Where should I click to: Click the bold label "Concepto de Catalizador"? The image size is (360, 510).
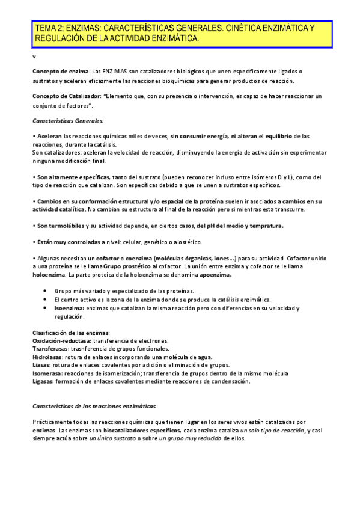pyautogui.click(x=67, y=96)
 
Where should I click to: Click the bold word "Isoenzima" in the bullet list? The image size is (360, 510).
pyautogui.click(x=69, y=308)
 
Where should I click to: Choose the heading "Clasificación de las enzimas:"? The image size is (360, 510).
pyautogui.click(x=71, y=333)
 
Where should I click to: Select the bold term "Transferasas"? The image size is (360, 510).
pyautogui.click(x=50, y=349)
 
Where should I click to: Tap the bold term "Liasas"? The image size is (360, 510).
pyautogui.click(x=42, y=365)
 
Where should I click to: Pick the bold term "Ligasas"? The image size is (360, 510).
pyautogui.click(x=43, y=381)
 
